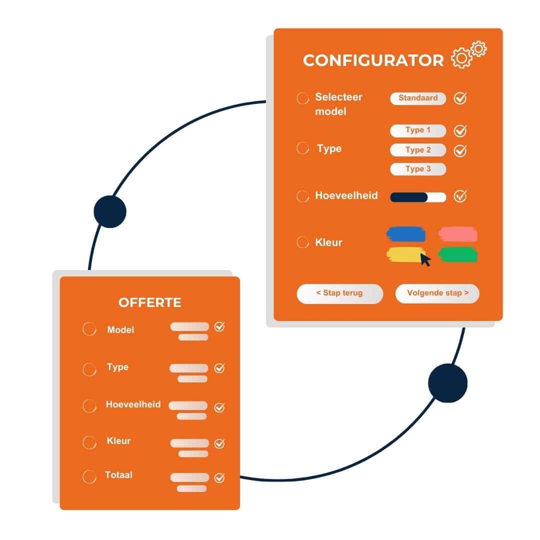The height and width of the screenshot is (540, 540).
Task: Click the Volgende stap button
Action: click(437, 293)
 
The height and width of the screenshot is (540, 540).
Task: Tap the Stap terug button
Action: click(339, 293)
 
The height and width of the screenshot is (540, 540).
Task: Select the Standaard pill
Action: click(418, 98)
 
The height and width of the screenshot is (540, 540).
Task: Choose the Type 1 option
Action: click(418, 130)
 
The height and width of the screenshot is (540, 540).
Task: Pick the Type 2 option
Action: click(418, 150)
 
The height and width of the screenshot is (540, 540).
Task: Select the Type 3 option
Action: click(418, 169)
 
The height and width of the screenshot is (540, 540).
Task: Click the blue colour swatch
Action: click(406, 234)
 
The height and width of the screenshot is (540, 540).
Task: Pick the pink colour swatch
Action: click(457, 234)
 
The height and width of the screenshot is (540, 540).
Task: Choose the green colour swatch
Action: click(457, 255)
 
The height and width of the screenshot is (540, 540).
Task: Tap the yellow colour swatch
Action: click(404, 254)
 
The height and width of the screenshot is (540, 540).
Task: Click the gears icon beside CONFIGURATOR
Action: click(468, 55)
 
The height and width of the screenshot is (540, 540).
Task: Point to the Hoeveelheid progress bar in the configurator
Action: click(418, 197)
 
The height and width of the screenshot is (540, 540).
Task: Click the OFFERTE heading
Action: click(150, 302)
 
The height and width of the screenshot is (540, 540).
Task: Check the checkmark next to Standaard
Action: click(460, 98)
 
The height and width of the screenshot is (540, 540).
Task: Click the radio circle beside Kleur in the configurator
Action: click(302, 242)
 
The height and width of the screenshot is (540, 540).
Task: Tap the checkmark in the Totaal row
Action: click(219, 478)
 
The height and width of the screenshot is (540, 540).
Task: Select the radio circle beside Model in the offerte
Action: click(89, 329)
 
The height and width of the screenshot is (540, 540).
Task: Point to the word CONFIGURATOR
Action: click(373, 60)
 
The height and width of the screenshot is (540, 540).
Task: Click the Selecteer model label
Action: click(338, 104)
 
